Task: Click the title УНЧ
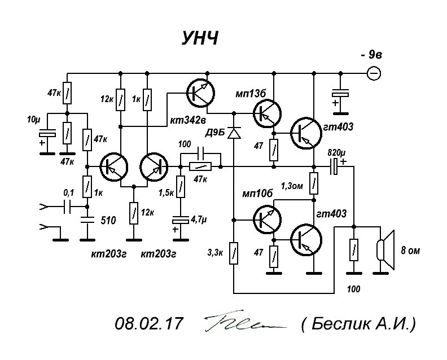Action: point(200,38)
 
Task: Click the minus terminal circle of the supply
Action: point(374,73)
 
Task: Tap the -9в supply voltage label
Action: point(371,54)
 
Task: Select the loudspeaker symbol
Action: point(385,250)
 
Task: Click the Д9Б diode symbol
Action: point(234,133)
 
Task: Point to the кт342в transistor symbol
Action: point(200,93)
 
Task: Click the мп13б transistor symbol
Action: point(268,113)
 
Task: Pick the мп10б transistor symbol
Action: point(268,219)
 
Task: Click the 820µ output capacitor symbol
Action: point(334,166)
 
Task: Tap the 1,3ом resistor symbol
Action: point(314,183)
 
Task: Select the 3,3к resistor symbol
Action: point(234,253)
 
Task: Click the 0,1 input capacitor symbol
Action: point(67,207)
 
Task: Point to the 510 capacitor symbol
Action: point(87,219)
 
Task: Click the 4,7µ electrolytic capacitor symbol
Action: point(180,219)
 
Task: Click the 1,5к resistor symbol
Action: point(180,186)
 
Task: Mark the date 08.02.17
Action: point(148,324)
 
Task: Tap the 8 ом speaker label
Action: point(410,251)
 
